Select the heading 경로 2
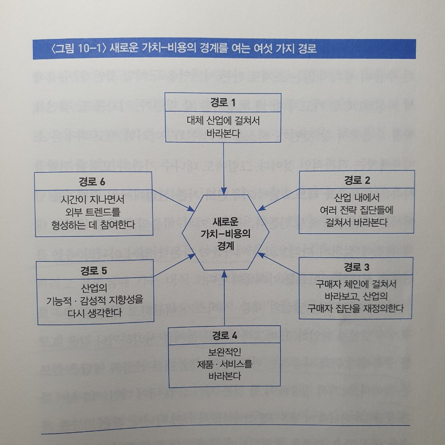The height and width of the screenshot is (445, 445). (x=356, y=180)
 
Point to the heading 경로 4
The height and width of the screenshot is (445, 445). (x=224, y=335)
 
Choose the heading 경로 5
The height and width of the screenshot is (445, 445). (x=95, y=269)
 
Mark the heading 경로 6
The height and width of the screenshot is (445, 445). (x=93, y=181)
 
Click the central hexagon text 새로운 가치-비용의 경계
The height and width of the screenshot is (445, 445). (x=224, y=233)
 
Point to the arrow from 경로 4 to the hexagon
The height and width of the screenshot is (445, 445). (x=224, y=299)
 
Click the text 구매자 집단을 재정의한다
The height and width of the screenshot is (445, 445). (x=356, y=307)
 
